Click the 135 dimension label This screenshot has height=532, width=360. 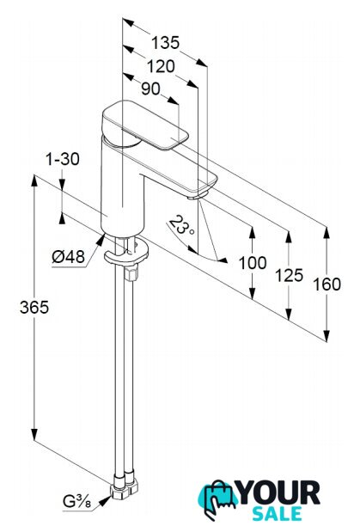[165, 43]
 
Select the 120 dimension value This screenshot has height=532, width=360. [161, 66]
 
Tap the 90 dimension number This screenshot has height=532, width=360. [150, 89]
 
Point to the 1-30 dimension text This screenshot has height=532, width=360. [63, 159]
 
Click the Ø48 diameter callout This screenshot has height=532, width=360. [68, 258]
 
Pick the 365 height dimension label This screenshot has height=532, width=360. [34, 308]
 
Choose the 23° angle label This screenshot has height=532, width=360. [182, 226]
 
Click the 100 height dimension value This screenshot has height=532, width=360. [253, 263]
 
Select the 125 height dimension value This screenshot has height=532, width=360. [289, 275]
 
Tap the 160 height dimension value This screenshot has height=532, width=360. [326, 284]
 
